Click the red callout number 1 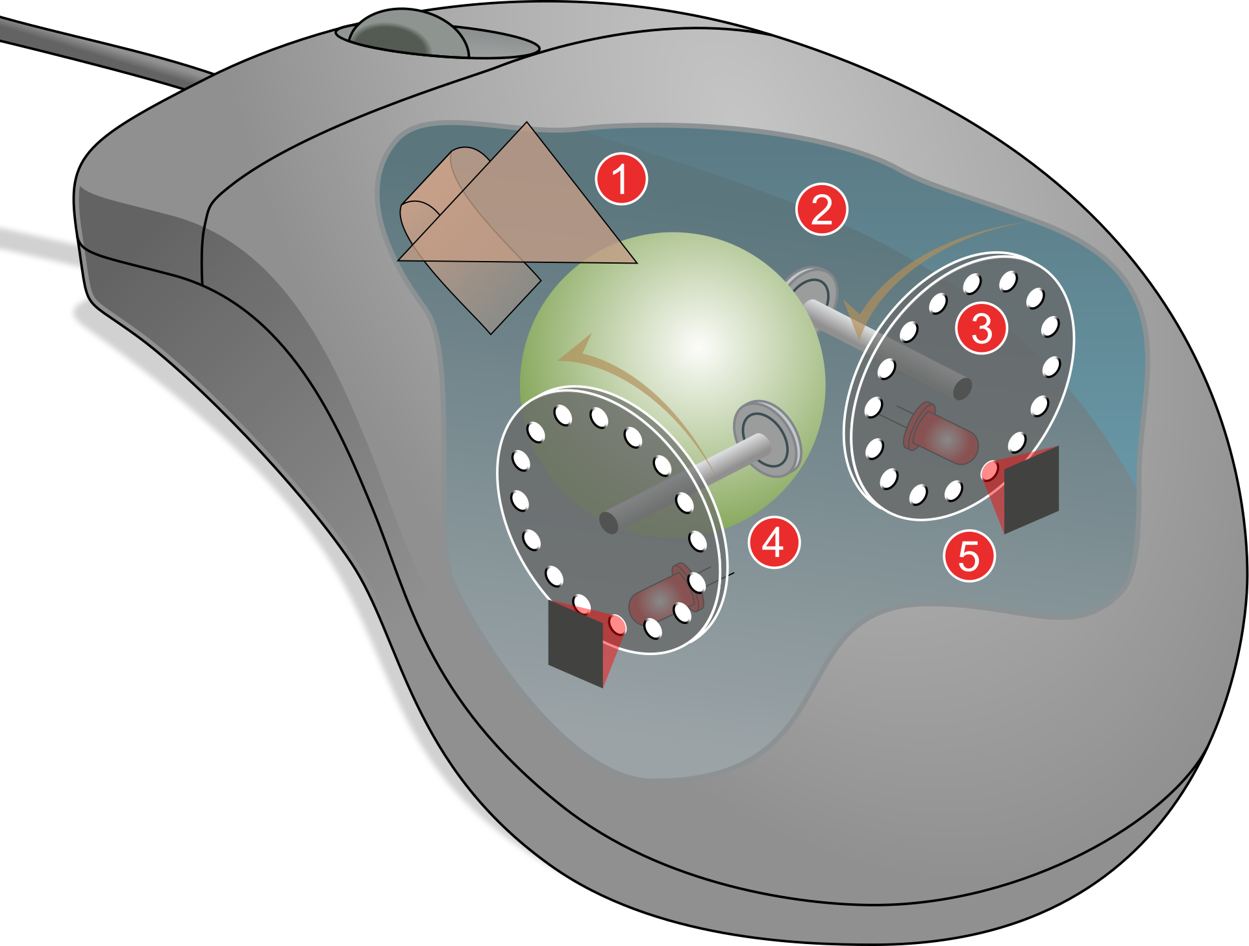tap(621, 179)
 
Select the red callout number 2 tap(822, 209)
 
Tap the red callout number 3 tap(982, 328)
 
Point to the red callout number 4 tap(774, 543)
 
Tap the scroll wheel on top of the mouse tap(409, 32)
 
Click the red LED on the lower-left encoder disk tap(662, 595)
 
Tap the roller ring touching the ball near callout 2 tap(811, 286)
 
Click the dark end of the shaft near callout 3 tap(962, 388)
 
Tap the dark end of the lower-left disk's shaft tap(609, 521)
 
